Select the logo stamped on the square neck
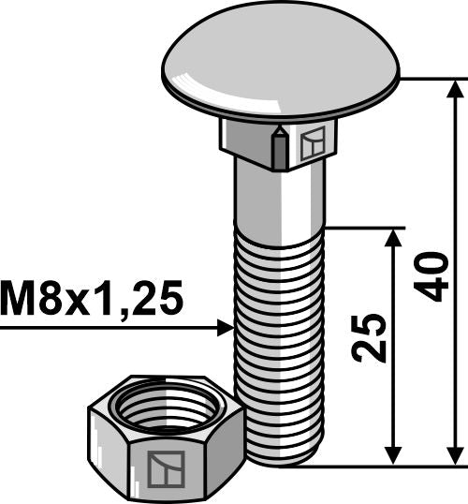coord(312,143)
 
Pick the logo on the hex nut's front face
coord(164,466)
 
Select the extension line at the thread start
coord(365,227)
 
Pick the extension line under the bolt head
coord(431,80)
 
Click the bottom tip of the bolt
coord(281,461)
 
